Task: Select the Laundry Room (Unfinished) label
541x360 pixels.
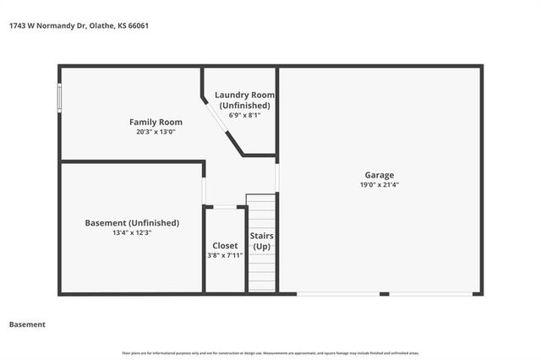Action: point(244,100)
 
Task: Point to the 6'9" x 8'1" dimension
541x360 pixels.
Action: point(244,116)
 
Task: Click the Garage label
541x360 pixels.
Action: point(380,174)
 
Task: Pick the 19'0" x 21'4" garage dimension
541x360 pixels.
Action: point(380,184)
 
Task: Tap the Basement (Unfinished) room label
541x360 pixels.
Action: point(132,223)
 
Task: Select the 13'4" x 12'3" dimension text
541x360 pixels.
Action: point(132,233)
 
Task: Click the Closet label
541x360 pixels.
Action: point(225,245)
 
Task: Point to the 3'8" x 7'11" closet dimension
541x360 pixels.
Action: point(225,255)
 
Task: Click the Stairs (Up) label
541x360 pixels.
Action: point(261,241)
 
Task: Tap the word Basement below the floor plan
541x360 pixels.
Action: point(27,325)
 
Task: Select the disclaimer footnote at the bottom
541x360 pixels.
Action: point(270,353)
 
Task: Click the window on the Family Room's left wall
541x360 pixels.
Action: point(59,96)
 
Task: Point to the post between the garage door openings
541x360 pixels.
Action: point(384,294)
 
